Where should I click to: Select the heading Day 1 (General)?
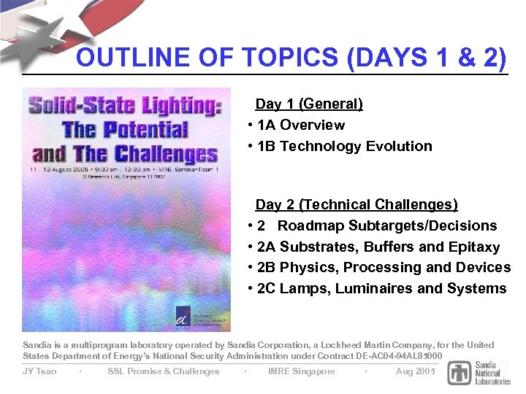click(309, 104)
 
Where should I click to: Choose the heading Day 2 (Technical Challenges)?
click(357, 204)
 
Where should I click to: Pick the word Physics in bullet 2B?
click(309, 267)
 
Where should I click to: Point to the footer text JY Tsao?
click(39, 371)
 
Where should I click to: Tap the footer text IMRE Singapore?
click(302, 371)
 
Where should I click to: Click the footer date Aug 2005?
click(415, 371)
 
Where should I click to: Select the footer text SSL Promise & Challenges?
click(163, 371)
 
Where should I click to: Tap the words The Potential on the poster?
click(125, 131)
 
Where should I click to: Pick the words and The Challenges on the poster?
click(125, 153)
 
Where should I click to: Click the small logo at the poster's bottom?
click(183, 317)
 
